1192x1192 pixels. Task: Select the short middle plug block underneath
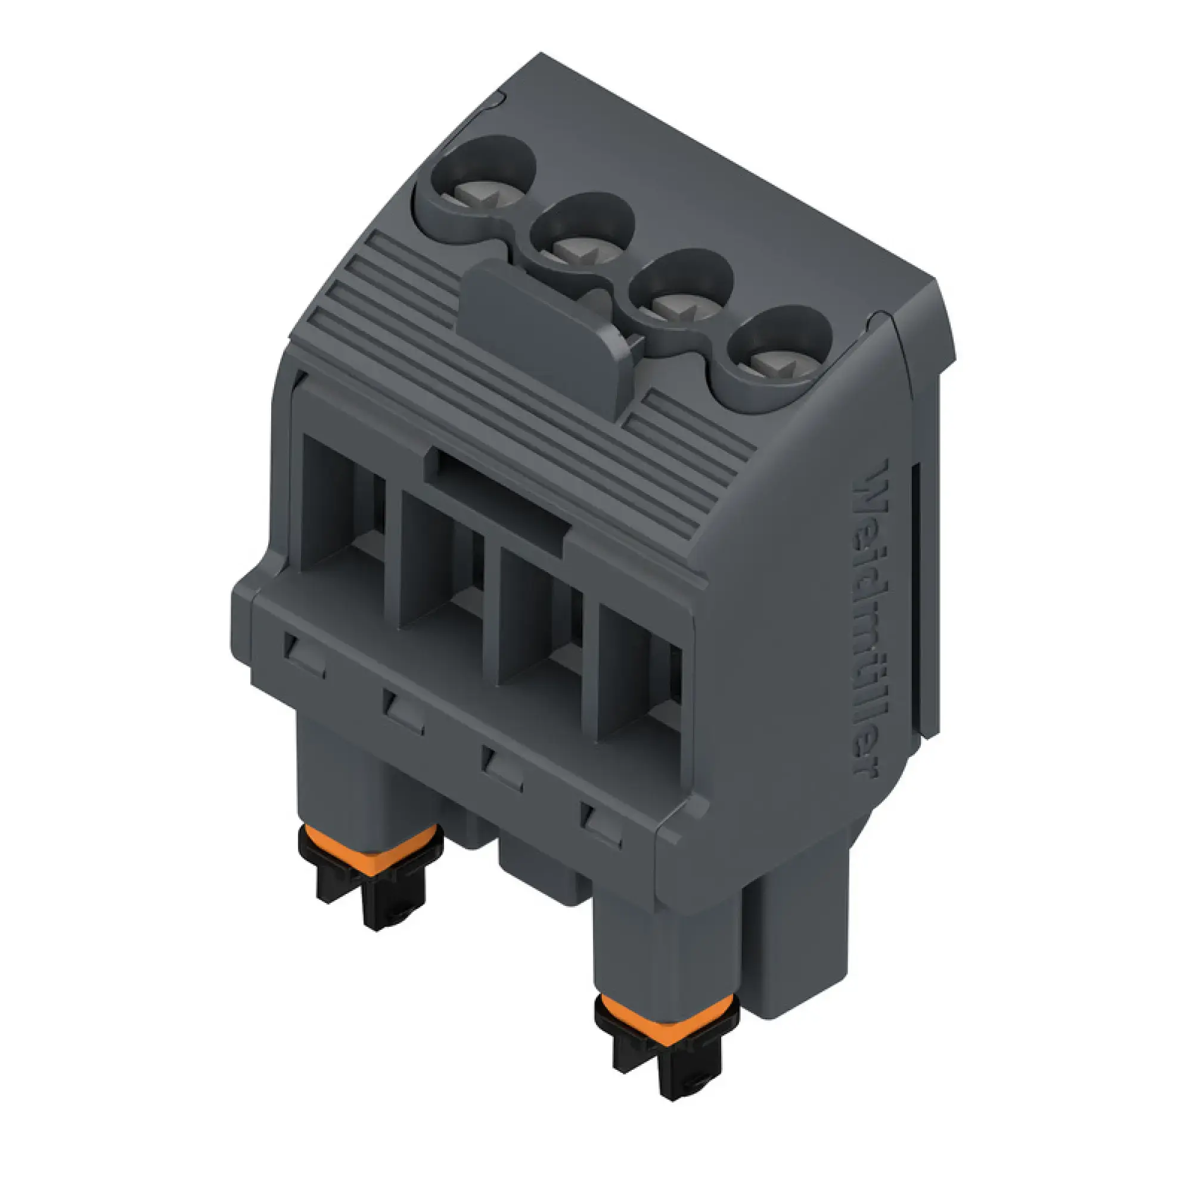coord(543,873)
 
